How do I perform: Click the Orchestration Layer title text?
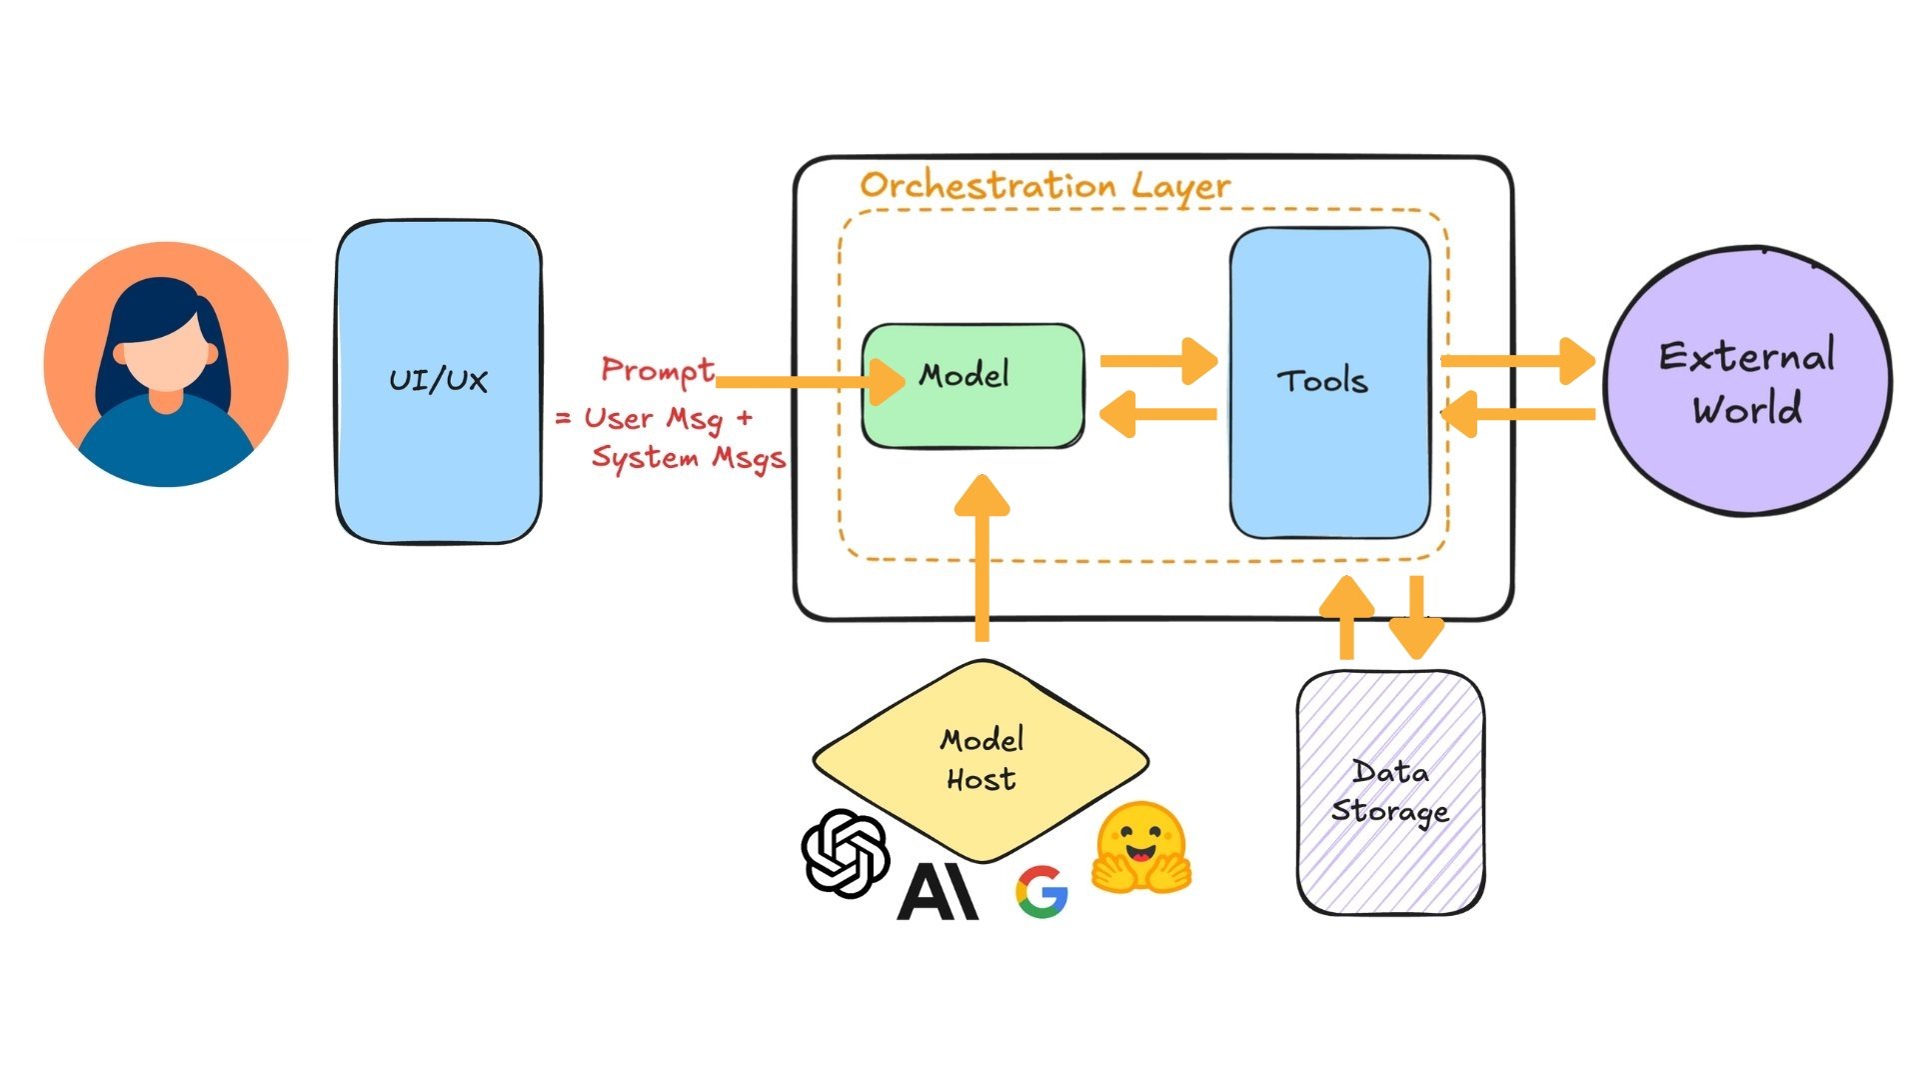coord(1044,186)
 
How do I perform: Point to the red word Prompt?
coord(657,370)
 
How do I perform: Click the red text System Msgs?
coord(688,458)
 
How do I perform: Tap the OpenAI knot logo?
coord(846,852)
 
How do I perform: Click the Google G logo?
coord(1041,892)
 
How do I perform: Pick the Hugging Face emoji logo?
coord(1140,847)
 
